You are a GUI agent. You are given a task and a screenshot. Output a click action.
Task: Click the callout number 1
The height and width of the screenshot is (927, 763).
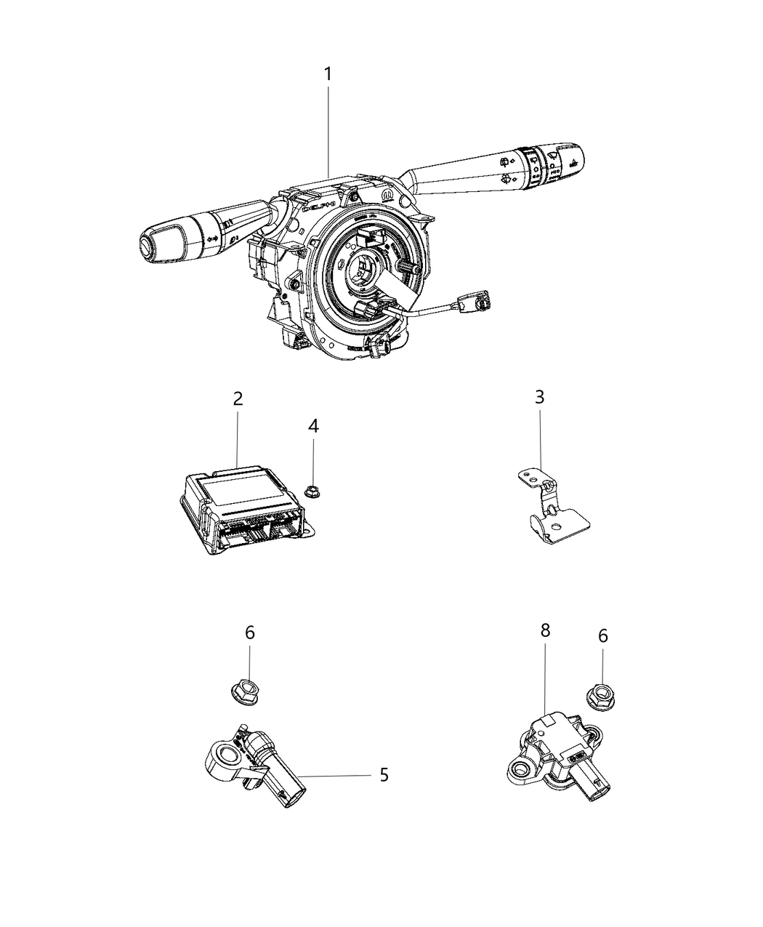[x=328, y=74]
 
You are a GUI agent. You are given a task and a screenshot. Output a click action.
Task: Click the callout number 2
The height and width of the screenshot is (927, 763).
[x=238, y=398]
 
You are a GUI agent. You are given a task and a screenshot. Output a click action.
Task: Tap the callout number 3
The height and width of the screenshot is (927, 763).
[x=539, y=397]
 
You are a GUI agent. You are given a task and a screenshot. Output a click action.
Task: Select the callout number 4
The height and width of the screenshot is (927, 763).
[x=313, y=426]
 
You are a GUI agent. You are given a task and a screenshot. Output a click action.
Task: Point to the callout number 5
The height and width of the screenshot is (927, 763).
[x=384, y=775]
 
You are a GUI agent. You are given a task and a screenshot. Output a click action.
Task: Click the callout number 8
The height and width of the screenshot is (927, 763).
[x=545, y=631]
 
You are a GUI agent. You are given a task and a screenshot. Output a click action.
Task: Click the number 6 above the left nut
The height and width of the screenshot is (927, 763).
[x=249, y=633]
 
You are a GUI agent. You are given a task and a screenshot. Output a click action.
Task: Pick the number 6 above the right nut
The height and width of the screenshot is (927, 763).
[x=602, y=636]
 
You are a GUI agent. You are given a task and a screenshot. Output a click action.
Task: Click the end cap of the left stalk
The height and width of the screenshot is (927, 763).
[x=148, y=247]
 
